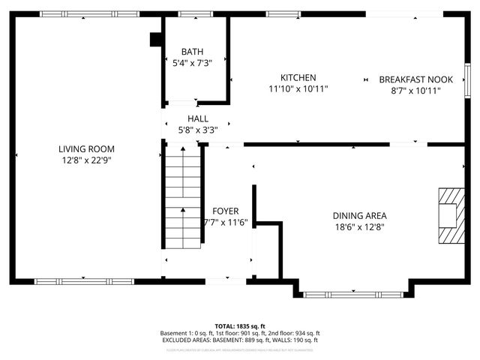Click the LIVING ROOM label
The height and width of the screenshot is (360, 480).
click(x=86, y=148)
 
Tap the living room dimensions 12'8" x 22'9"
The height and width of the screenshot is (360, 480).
click(x=86, y=160)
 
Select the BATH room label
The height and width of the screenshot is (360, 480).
click(x=192, y=52)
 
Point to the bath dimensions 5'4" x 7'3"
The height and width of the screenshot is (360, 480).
click(x=192, y=63)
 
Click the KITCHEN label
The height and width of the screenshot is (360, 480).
click(x=298, y=77)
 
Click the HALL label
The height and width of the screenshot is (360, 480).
click(x=198, y=118)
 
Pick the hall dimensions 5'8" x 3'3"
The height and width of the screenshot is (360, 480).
click(x=198, y=130)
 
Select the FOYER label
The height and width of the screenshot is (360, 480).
click(x=226, y=211)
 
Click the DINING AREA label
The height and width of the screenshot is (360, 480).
click(x=360, y=215)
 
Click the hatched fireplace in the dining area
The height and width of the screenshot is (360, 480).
click(x=451, y=216)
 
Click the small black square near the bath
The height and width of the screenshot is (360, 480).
click(x=156, y=40)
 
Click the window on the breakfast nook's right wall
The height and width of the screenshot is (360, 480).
click(x=466, y=79)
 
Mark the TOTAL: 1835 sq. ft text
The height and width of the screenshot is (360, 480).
click(x=240, y=326)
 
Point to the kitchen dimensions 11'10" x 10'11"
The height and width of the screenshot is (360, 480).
click(x=298, y=88)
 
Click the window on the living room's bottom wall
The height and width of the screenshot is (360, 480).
click(x=84, y=282)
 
